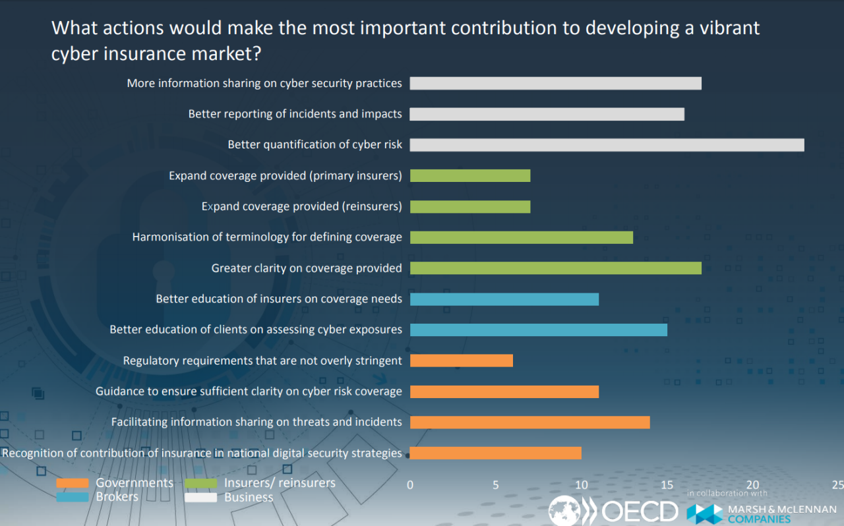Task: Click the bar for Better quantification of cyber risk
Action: [x=607, y=145]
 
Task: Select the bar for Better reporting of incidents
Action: [x=547, y=114]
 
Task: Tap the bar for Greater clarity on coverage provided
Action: [x=555, y=268]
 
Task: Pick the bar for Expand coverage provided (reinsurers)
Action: [x=469, y=206]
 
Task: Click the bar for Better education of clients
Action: [x=538, y=330]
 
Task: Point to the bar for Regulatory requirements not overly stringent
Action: [x=461, y=361]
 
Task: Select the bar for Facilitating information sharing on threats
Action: [x=529, y=422]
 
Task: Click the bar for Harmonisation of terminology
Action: [x=521, y=237]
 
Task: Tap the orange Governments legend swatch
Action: [x=72, y=483]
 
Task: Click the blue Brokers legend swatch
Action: [x=72, y=497]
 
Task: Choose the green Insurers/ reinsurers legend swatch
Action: [x=200, y=483]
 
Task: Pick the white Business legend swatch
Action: [x=200, y=497]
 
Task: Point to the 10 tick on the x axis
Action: [x=582, y=485]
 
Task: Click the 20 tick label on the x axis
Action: [x=752, y=485]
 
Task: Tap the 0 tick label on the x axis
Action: [x=410, y=485]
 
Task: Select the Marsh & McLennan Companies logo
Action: [x=761, y=513]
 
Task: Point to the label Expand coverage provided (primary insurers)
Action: [x=285, y=176]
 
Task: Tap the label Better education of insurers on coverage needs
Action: [x=278, y=299]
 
